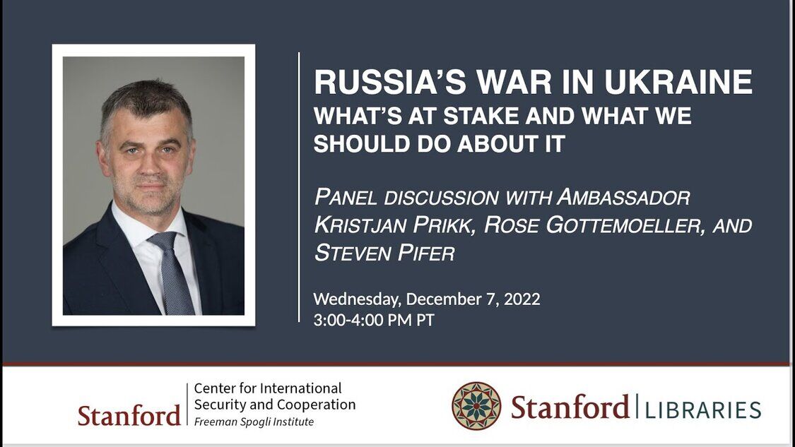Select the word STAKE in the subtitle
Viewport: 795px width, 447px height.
click(x=481, y=116)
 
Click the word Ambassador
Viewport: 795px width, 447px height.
click(x=623, y=197)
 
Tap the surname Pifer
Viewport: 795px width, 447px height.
click(x=426, y=253)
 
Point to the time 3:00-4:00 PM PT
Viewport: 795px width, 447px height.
click(x=374, y=321)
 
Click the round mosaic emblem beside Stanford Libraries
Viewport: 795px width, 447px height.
click(x=476, y=407)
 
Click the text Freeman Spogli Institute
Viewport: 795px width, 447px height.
click(x=254, y=422)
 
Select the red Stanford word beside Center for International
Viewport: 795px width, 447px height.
click(x=129, y=415)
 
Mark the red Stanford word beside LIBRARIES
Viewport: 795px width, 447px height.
click(x=570, y=407)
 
